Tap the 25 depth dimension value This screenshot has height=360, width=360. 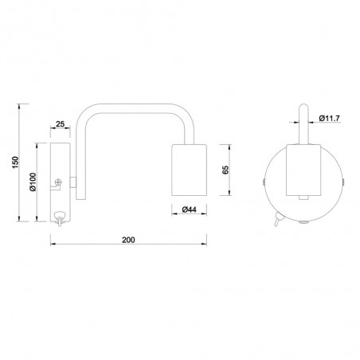[61, 125]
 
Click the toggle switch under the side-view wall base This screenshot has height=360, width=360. [59, 217]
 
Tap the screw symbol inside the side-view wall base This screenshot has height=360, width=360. [58, 185]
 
